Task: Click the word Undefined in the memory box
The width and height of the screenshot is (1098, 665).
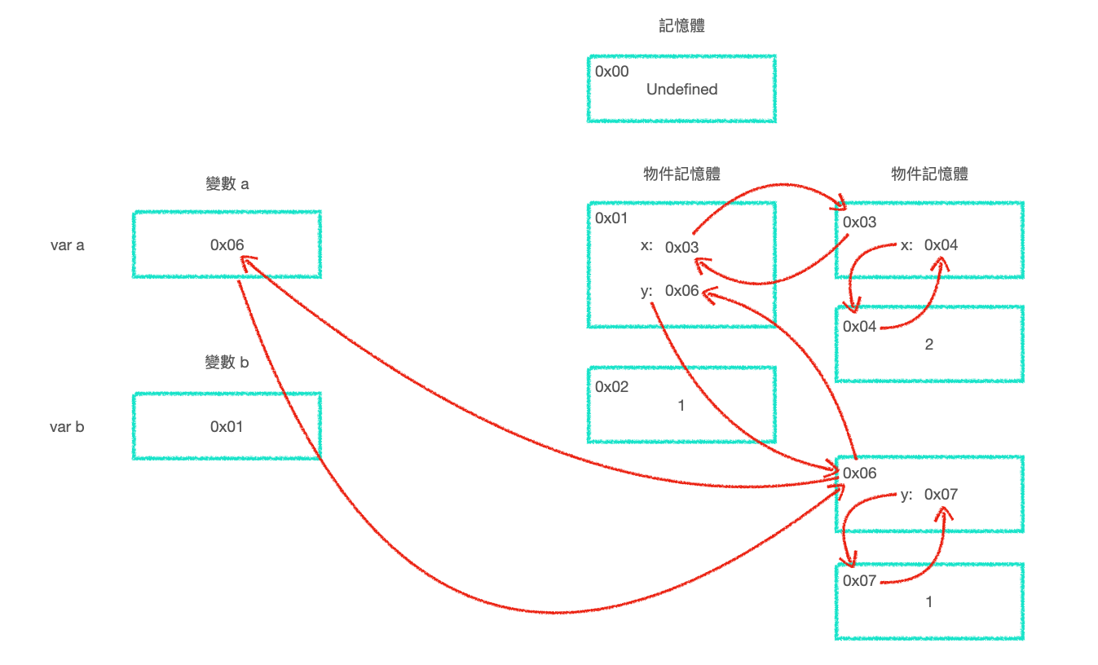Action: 681,90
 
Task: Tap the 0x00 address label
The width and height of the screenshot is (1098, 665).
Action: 612,72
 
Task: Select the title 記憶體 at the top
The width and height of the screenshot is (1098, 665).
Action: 681,26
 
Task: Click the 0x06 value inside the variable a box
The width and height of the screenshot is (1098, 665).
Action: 227,244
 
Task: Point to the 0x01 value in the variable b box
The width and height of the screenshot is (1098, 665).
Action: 227,426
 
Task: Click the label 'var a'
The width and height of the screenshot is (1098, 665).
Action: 68,244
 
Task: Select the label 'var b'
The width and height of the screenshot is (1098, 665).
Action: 67,426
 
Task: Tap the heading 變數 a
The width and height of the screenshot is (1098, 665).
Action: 227,184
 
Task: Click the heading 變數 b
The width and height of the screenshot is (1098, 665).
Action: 227,363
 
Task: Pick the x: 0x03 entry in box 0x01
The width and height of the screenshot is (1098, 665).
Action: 670,247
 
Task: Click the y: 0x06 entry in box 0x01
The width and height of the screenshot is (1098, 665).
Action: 670,291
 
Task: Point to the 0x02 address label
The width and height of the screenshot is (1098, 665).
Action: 612,387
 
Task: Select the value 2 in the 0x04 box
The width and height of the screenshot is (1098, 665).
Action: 929,345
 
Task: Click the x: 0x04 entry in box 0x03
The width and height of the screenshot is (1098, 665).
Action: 929,245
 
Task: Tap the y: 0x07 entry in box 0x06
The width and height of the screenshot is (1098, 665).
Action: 929,495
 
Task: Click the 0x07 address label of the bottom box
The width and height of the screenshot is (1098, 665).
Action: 860,581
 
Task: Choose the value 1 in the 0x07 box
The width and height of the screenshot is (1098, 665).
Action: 929,602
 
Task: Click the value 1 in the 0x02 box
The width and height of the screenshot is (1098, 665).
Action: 681,405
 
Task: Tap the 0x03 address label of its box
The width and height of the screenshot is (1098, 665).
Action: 860,222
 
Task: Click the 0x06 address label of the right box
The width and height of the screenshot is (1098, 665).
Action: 860,473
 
